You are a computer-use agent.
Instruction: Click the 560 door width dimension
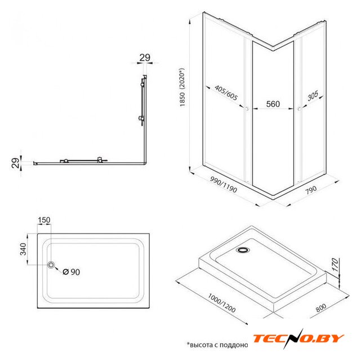click(x=273, y=104)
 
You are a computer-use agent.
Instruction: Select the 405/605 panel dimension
click(x=226, y=93)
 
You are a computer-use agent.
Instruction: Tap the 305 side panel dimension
click(x=313, y=96)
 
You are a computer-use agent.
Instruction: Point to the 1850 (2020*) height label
click(x=182, y=87)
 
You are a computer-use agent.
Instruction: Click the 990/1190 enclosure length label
click(x=224, y=184)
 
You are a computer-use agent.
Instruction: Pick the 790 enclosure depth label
click(x=311, y=190)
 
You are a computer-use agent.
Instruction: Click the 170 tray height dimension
click(x=336, y=265)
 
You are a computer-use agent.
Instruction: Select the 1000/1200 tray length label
click(x=222, y=303)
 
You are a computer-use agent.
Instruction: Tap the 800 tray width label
click(x=320, y=308)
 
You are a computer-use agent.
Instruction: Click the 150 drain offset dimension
click(x=44, y=220)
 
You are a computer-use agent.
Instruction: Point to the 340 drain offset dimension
click(x=23, y=249)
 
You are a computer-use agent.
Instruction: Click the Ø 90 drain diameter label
click(x=71, y=272)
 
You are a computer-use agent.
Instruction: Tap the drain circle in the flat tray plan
click(x=51, y=265)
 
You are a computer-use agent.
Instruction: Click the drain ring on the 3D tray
click(x=243, y=250)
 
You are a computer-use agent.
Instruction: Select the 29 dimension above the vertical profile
click(x=145, y=57)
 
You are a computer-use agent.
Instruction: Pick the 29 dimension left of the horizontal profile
click(x=16, y=163)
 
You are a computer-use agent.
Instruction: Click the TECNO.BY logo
click(x=298, y=338)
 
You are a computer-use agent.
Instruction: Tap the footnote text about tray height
click(x=217, y=345)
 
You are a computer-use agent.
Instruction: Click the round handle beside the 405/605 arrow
click(x=246, y=109)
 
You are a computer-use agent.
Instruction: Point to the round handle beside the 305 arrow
click(x=299, y=109)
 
